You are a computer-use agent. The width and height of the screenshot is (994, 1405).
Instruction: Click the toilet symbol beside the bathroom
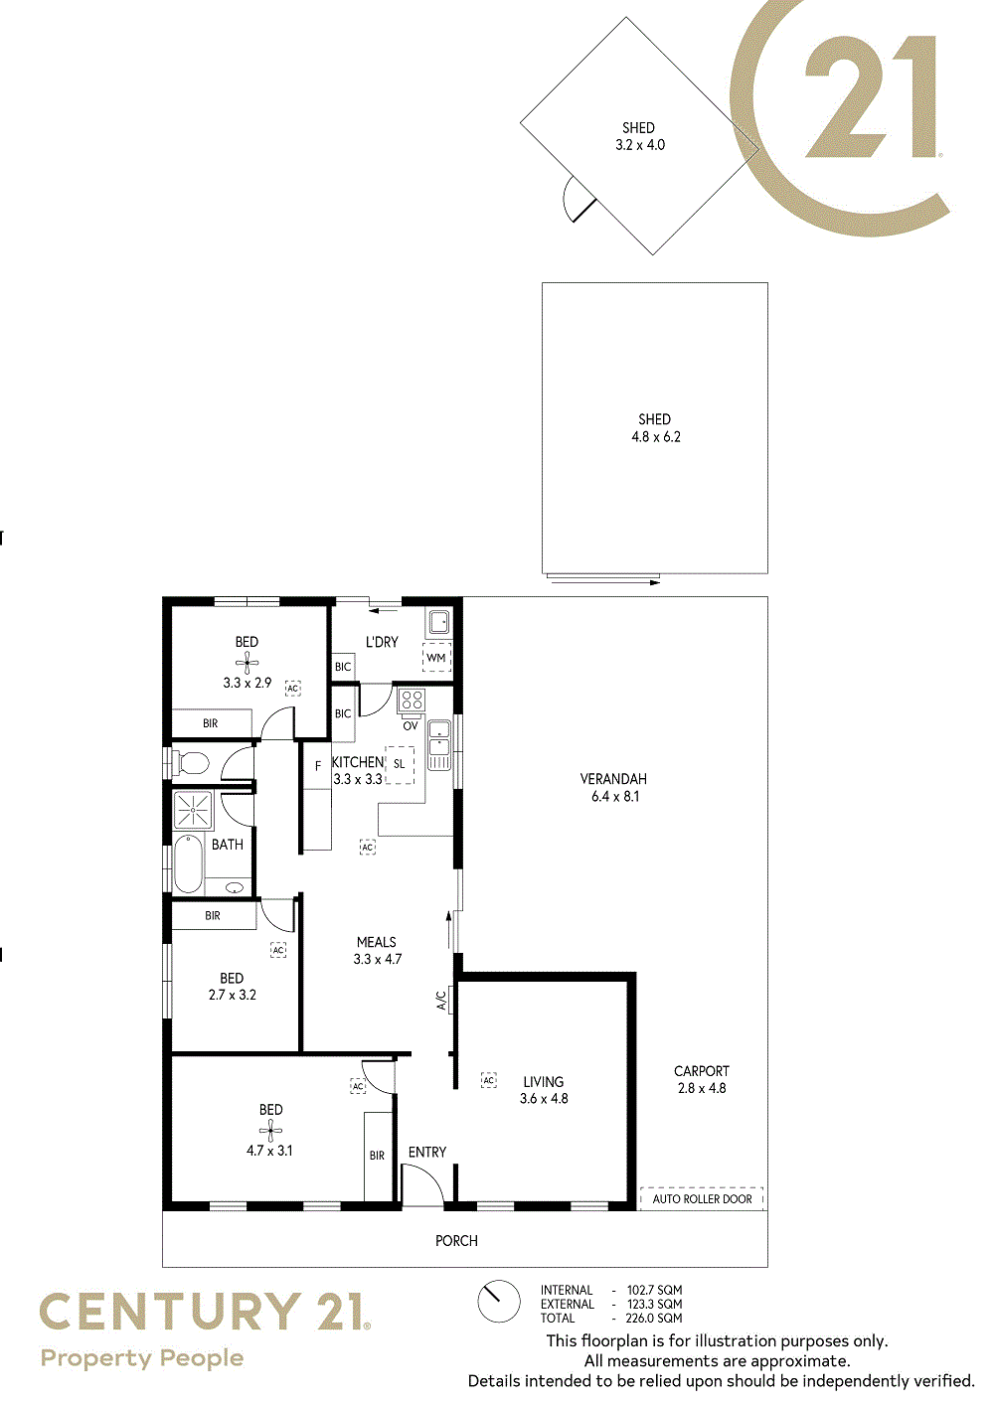[190, 763]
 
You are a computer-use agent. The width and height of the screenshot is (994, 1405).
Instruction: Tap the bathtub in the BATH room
[188, 863]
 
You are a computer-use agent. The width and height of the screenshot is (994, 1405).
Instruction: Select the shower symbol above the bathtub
[193, 810]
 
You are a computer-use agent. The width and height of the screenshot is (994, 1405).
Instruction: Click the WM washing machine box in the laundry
[436, 658]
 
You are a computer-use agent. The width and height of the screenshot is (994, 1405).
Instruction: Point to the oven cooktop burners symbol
[413, 701]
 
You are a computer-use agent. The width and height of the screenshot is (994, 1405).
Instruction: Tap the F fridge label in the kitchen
[318, 766]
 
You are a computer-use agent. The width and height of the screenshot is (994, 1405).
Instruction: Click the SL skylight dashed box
[400, 764]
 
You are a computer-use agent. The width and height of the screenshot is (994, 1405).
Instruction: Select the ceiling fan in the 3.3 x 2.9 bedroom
[248, 663]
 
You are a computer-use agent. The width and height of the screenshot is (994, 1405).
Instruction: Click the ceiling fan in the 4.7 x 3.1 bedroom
[270, 1131]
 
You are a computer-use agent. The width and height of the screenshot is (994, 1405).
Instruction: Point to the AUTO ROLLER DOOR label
[702, 1198]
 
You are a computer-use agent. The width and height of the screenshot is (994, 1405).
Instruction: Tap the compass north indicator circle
[499, 1302]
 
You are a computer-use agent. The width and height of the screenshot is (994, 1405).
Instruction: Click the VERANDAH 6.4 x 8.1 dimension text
[615, 797]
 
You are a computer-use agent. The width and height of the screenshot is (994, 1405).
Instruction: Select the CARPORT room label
[702, 1071]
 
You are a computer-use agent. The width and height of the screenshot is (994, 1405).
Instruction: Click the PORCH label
[457, 1240]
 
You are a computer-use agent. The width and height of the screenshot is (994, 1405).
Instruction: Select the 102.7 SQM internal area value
[654, 1290]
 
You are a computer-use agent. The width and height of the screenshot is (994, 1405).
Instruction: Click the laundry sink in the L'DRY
[439, 623]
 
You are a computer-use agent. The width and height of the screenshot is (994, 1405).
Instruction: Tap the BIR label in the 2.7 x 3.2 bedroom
[213, 915]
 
